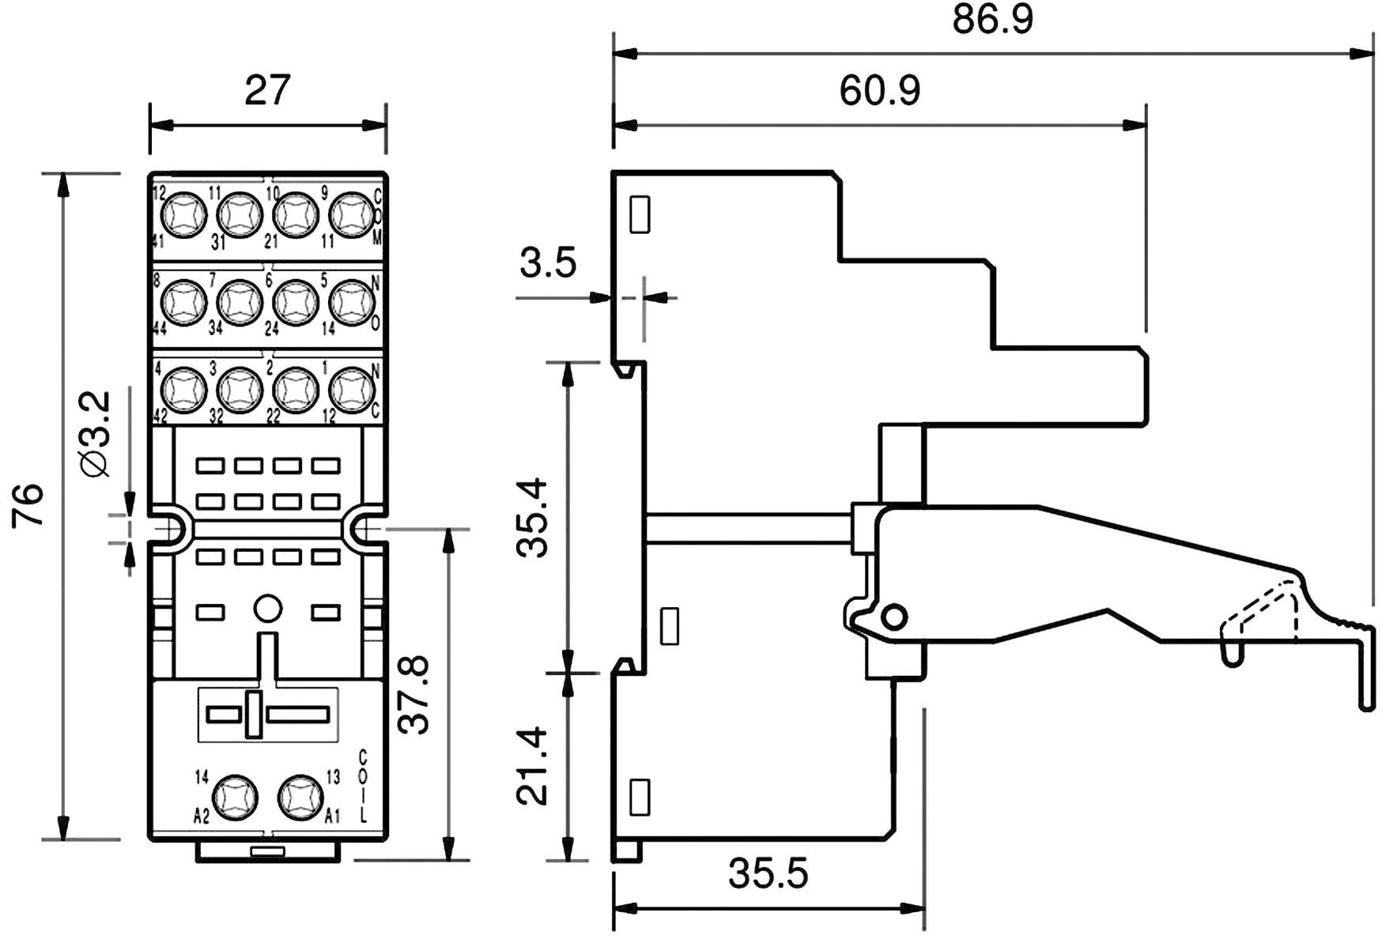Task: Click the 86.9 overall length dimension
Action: (992, 21)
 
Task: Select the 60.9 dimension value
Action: (879, 91)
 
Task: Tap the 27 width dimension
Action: (267, 91)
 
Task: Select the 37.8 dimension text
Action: (414, 694)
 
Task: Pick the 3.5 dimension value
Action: (548, 263)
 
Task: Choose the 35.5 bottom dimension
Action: (768, 874)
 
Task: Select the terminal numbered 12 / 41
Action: (183, 214)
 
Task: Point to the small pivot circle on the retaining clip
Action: (894, 617)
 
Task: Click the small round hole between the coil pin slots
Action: (267, 609)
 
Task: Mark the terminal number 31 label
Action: (219, 244)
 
